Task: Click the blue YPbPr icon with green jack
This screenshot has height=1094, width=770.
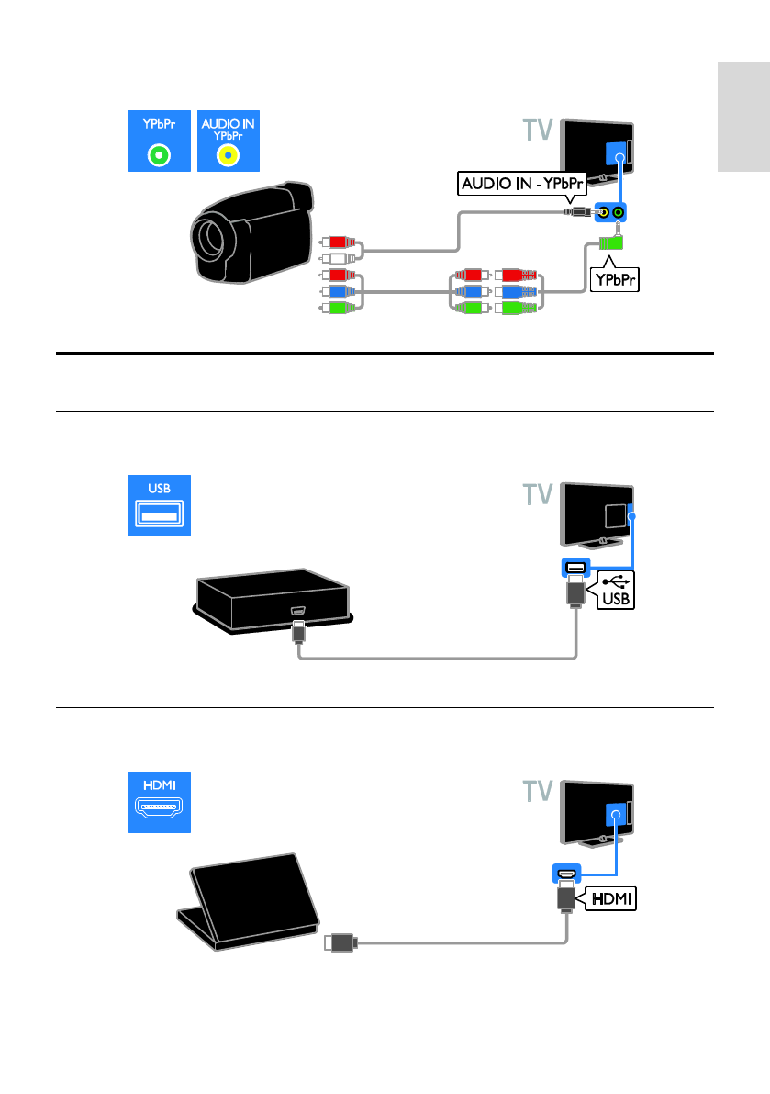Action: [x=160, y=141]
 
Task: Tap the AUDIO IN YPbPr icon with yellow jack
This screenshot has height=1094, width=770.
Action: [x=229, y=141]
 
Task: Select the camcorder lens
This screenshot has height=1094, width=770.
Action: [x=209, y=236]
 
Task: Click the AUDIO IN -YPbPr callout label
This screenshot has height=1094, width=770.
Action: [x=522, y=184]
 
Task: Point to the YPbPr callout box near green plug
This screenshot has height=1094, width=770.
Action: [x=615, y=280]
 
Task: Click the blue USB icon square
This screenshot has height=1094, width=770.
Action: [x=160, y=506]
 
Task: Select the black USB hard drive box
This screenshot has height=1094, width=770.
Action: [x=273, y=600]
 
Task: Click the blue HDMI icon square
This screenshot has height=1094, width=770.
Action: [x=160, y=803]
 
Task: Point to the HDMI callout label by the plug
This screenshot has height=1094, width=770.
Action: [x=611, y=898]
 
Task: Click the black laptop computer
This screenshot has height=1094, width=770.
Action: [x=248, y=901]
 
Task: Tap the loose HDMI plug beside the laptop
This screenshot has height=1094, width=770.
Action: [x=340, y=943]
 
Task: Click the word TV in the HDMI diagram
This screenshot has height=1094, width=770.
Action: [x=538, y=791]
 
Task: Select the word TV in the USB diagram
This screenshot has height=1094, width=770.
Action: [x=538, y=495]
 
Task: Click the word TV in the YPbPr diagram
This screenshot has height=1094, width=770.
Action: [x=538, y=130]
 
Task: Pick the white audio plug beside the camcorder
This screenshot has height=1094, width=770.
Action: [x=339, y=259]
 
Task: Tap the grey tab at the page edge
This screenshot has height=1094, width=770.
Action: [x=743, y=117]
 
